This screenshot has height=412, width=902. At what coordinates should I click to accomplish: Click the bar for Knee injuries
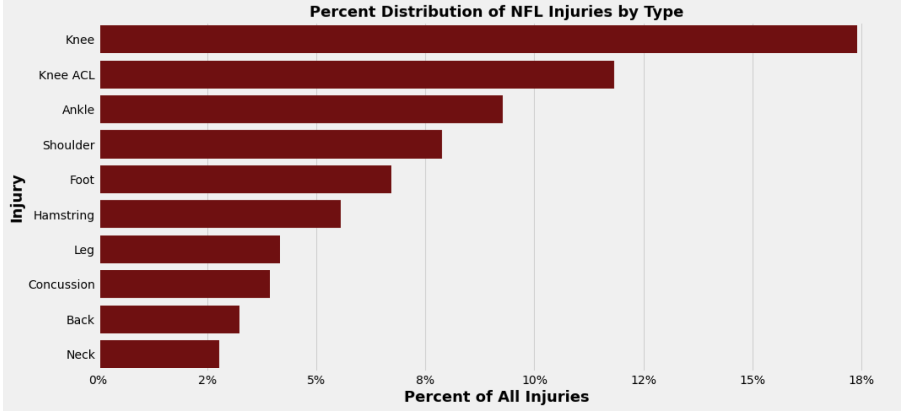(x=478, y=39)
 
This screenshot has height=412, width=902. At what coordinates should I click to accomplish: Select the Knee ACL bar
(x=357, y=75)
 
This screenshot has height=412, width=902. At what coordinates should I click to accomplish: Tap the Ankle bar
(x=301, y=109)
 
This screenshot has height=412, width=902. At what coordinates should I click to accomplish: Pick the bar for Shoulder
(x=271, y=144)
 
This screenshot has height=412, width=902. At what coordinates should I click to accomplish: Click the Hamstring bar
(x=220, y=214)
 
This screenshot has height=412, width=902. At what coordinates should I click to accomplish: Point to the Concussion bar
(x=184, y=284)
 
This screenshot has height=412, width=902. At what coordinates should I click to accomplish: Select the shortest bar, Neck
(x=159, y=354)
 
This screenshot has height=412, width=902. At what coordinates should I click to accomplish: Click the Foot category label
(x=82, y=180)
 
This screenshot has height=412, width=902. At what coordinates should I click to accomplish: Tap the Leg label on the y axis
(x=84, y=250)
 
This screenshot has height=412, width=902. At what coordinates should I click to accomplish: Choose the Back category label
(x=80, y=320)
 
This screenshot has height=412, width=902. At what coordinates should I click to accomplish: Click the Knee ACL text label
(x=67, y=75)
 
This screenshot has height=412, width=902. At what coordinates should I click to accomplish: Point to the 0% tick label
(x=98, y=380)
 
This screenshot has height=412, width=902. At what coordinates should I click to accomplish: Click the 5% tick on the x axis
(x=316, y=380)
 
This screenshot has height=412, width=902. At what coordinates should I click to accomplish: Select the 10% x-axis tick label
(x=534, y=380)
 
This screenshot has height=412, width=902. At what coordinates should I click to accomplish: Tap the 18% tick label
(x=861, y=380)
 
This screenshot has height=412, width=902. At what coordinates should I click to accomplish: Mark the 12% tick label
(x=643, y=380)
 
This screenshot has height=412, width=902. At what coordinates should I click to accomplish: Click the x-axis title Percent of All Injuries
(x=496, y=397)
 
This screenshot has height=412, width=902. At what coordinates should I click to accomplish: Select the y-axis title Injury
(x=17, y=199)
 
